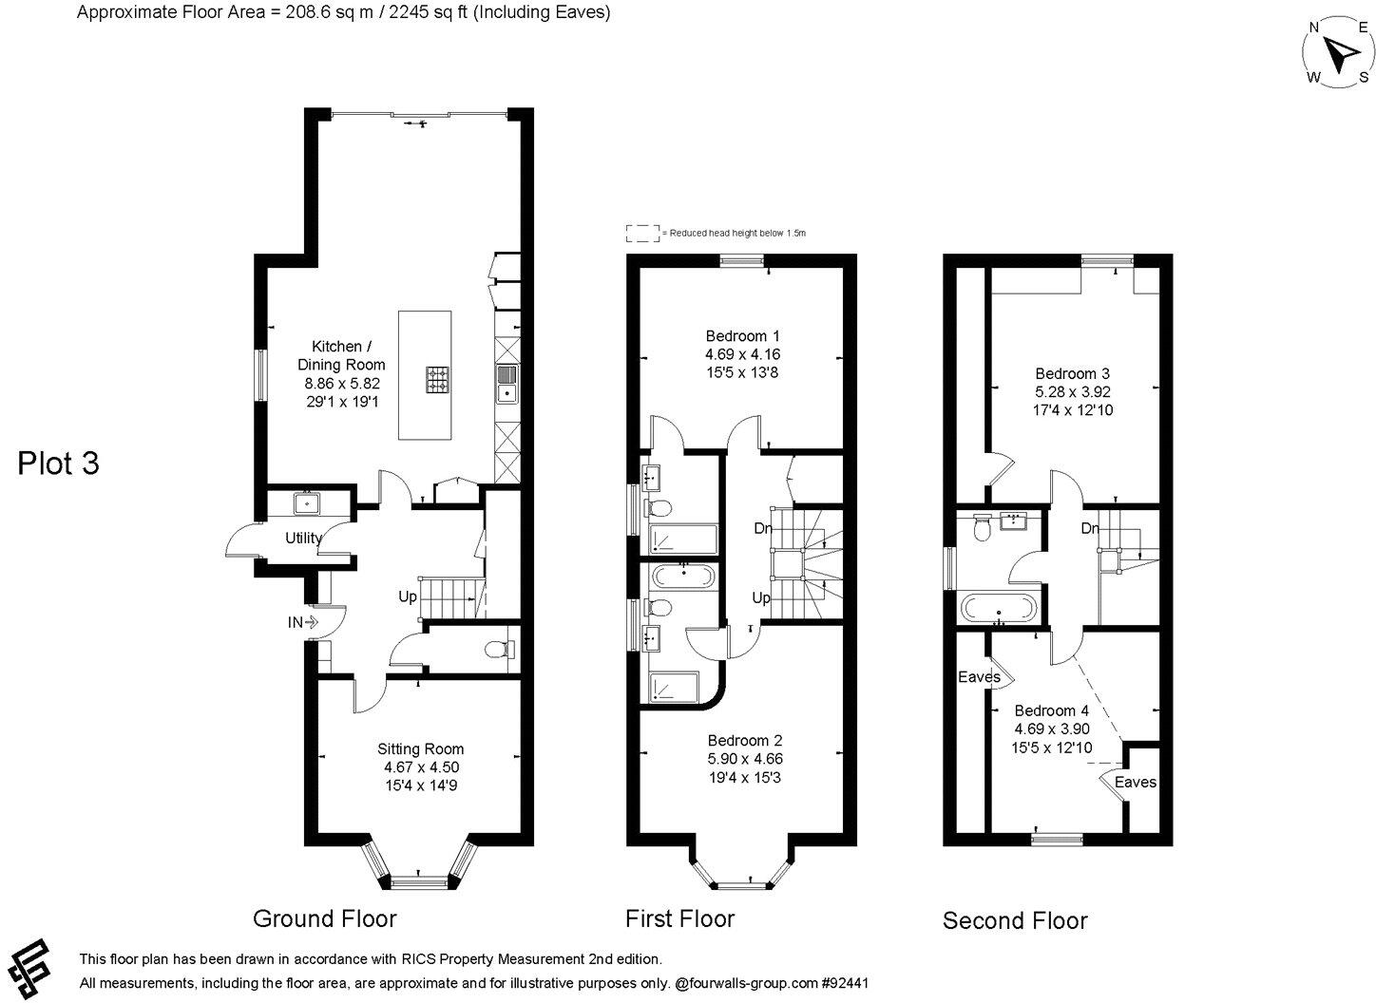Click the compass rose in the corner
(1337, 53)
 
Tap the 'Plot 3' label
(59, 464)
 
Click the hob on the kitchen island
(437, 380)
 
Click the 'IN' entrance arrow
(302, 623)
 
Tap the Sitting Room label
(420, 748)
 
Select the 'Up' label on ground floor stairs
(407, 596)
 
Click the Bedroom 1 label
(742, 336)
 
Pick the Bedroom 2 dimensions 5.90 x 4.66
(744, 759)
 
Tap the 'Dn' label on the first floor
(762, 528)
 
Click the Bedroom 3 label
(1072, 373)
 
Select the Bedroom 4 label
(1051, 710)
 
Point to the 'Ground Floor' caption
(324, 918)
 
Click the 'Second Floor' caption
(1014, 920)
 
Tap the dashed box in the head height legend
(642, 233)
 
